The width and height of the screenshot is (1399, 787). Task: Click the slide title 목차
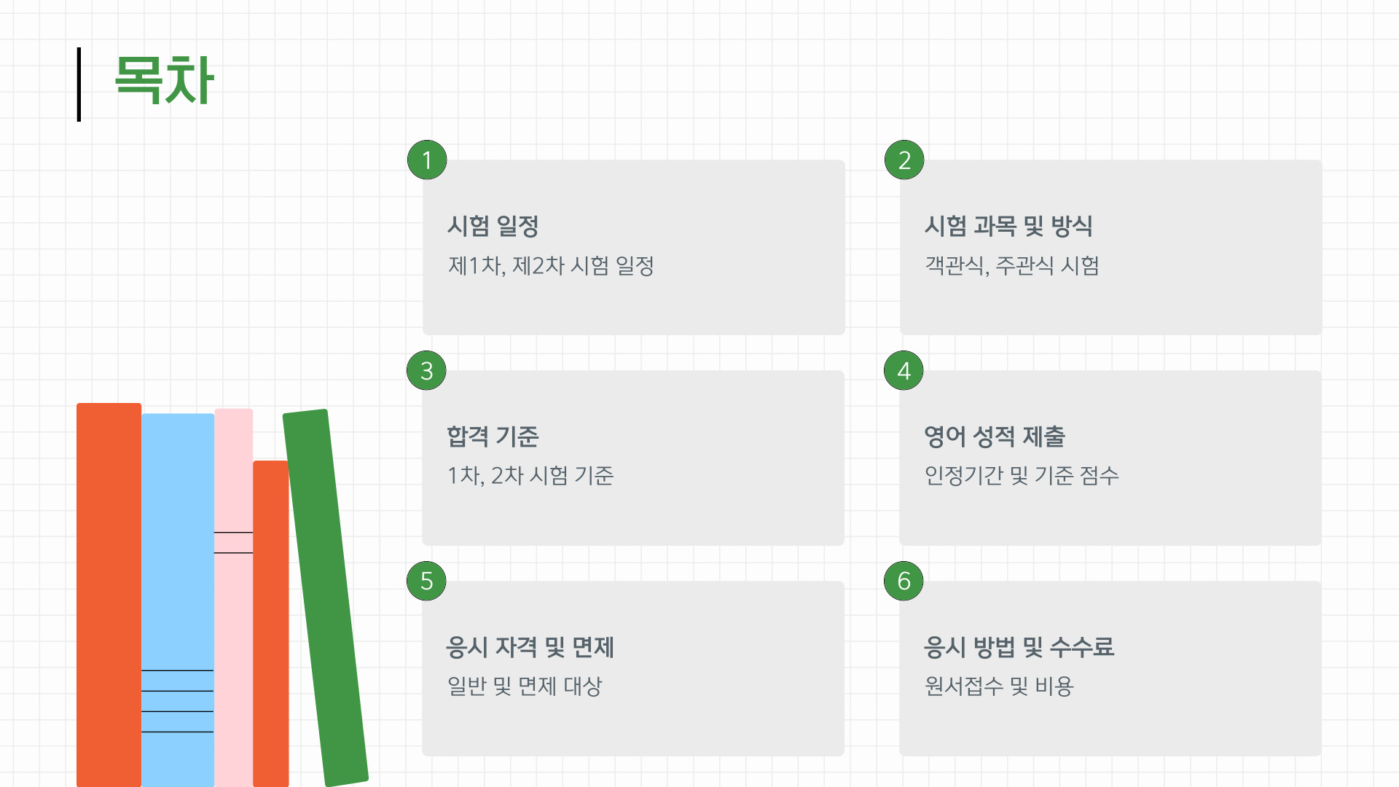tap(164, 80)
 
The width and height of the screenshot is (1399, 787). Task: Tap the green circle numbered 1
tap(427, 160)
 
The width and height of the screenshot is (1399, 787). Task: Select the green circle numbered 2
tap(904, 160)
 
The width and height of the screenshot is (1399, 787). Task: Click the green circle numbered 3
tap(426, 370)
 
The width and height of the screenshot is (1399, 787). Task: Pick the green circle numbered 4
tap(904, 370)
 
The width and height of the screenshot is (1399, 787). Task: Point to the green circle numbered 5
tap(426, 581)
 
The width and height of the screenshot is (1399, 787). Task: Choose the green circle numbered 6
tap(904, 581)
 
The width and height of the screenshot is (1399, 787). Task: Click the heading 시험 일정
tap(493, 226)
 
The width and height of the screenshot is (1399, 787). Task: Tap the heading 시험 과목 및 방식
tap(1008, 226)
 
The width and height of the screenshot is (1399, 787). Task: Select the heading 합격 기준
tap(493, 436)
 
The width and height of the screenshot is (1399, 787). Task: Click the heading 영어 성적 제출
tap(995, 436)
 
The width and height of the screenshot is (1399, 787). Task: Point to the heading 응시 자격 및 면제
tap(530, 647)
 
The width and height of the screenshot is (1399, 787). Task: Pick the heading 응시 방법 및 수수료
tap(1019, 647)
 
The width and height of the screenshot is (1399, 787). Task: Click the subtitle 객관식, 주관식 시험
tap(1011, 265)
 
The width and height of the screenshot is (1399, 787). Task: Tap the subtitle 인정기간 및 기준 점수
tap(1022, 476)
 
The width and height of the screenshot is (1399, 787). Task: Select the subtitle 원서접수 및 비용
tap(999, 686)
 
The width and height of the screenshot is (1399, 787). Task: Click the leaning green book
tap(325, 598)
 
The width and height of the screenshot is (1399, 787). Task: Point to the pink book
tap(233, 619)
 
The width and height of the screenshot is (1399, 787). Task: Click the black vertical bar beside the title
tap(79, 85)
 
